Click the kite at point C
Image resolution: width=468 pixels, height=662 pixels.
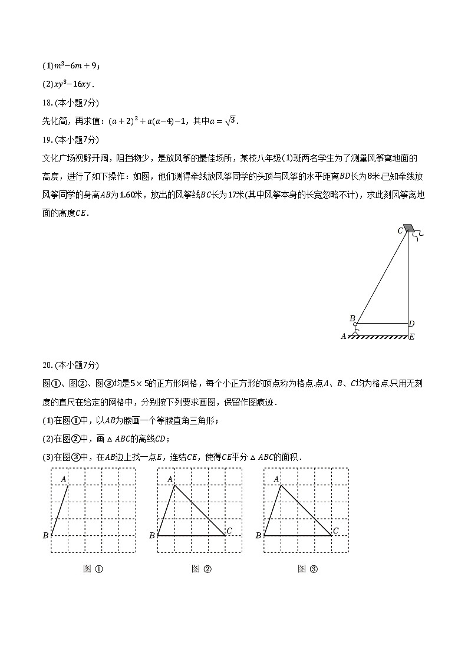point(409,228)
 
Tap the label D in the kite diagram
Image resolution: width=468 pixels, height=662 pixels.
point(411,324)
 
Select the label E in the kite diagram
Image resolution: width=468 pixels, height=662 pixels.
point(411,337)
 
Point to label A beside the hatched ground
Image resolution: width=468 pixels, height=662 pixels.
point(343,337)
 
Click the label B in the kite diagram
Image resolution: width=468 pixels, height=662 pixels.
point(352,319)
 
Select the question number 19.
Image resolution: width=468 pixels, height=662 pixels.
point(47,140)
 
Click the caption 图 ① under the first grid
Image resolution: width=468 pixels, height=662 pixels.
point(94,569)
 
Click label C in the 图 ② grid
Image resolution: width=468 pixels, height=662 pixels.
point(229,531)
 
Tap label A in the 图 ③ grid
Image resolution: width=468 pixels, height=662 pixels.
point(276,479)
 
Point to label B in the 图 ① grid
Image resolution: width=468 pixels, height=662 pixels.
point(45,535)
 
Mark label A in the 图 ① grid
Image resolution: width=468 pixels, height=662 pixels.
point(63,479)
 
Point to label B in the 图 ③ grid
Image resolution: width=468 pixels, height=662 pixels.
point(258,535)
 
